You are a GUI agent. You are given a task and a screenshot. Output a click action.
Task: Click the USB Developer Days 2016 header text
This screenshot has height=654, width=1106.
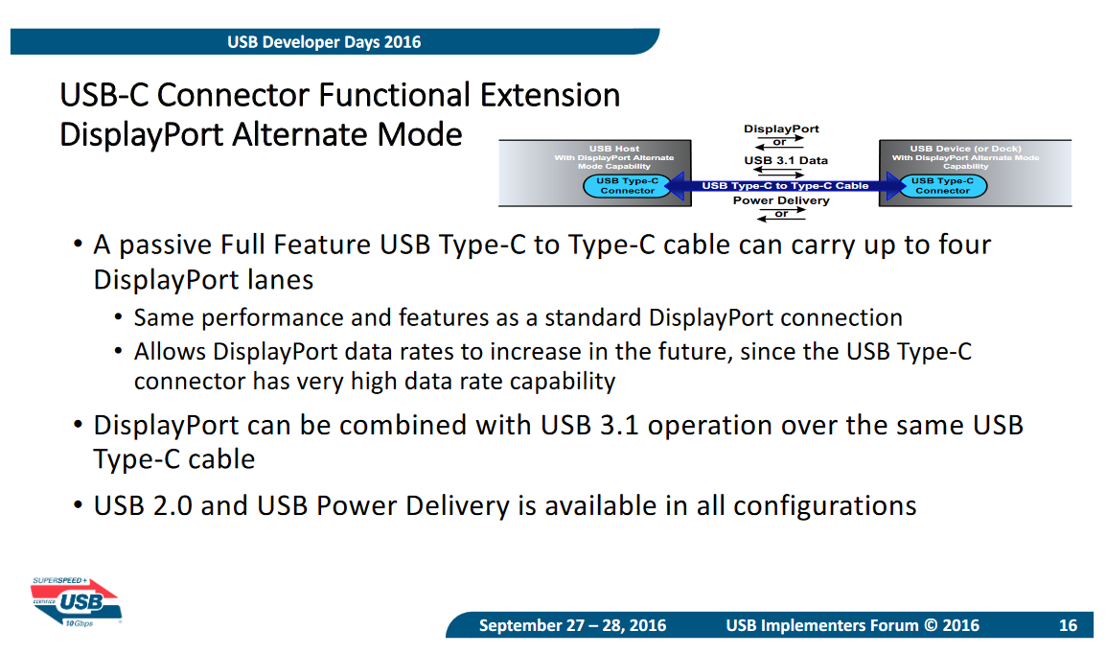(324, 42)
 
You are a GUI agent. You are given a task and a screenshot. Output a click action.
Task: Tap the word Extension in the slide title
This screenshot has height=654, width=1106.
(550, 95)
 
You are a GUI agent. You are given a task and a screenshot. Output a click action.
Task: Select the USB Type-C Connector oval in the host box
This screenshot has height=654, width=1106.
(627, 185)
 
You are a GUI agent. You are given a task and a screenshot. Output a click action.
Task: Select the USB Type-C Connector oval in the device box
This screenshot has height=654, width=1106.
(942, 185)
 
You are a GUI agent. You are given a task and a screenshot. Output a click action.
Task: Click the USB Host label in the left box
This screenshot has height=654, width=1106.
(614, 148)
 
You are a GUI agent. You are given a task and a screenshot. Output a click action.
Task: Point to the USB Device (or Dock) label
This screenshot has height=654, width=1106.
(966, 148)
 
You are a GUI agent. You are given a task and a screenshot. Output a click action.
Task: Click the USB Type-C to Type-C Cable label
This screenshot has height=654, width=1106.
(785, 185)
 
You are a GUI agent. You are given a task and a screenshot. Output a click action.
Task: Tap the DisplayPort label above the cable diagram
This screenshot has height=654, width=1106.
(781, 129)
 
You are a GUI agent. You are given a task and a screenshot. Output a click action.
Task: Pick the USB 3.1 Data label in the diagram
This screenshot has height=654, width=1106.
(786, 160)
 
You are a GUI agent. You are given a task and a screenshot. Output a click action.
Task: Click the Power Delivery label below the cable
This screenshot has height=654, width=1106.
(781, 200)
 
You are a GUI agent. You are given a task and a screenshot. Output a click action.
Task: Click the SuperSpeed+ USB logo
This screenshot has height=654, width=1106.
(76, 602)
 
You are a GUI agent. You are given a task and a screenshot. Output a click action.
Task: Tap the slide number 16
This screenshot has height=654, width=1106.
(1068, 625)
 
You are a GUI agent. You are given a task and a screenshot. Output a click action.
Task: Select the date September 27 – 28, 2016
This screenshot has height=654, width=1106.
(573, 625)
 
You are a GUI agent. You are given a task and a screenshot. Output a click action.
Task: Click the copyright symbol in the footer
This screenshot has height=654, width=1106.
(931, 625)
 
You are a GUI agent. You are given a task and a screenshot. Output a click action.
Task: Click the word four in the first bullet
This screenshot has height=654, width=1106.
(964, 245)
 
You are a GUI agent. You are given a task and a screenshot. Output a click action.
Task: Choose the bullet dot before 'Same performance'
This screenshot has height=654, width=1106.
(119, 317)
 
